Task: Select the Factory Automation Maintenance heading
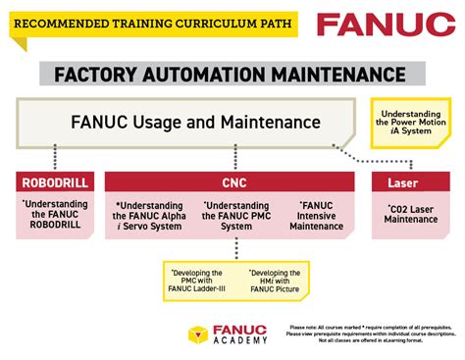click(x=231, y=75)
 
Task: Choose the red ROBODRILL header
click(x=55, y=181)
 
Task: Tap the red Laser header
click(x=411, y=181)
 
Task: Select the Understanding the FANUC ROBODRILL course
click(x=55, y=215)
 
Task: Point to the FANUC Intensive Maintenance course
click(x=317, y=215)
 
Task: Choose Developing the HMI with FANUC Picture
click(x=276, y=280)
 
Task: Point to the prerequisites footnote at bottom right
click(x=374, y=334)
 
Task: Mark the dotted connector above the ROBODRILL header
click(x=55, y=157)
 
